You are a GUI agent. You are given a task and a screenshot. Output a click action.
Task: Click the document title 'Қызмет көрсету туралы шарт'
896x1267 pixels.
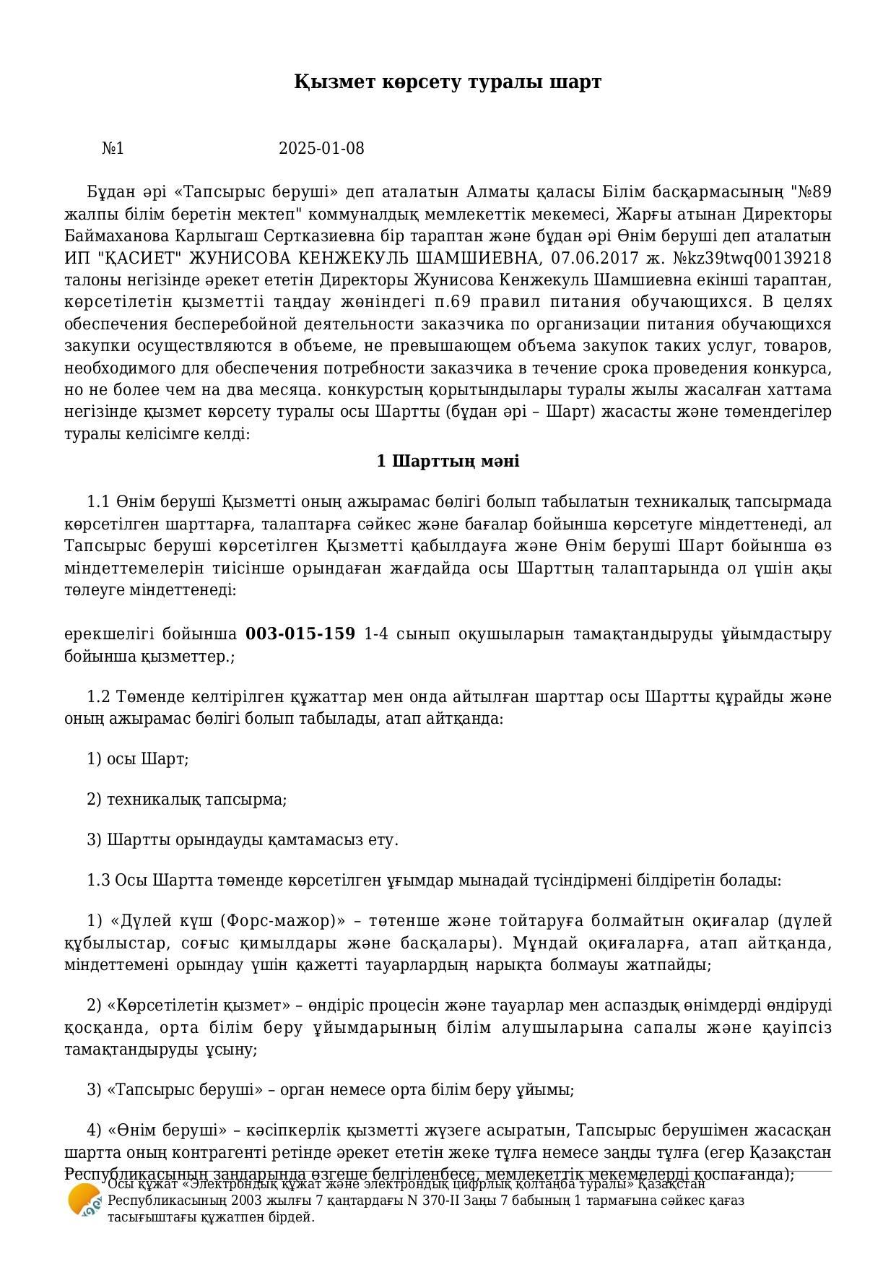(448, 82)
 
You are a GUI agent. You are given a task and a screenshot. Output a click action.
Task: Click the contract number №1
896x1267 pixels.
(113, 149)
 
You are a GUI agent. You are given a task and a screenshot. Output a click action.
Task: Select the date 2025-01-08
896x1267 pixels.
(321, 149)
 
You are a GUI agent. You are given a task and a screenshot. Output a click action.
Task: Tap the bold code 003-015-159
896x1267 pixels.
(300, 634)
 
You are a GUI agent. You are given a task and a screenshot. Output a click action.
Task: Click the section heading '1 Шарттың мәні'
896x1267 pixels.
(448, 461)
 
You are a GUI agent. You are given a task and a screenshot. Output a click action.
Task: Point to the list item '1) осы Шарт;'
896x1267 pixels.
(138, 759)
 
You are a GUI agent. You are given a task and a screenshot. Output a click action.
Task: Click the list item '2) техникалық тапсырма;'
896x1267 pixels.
(187, 800)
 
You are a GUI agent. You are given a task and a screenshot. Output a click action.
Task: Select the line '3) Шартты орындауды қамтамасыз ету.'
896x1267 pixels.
(243, 840)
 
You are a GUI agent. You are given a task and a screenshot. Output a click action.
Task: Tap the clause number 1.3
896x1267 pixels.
(99, 881)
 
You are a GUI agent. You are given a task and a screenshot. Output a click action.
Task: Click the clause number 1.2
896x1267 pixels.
(99, 697)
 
